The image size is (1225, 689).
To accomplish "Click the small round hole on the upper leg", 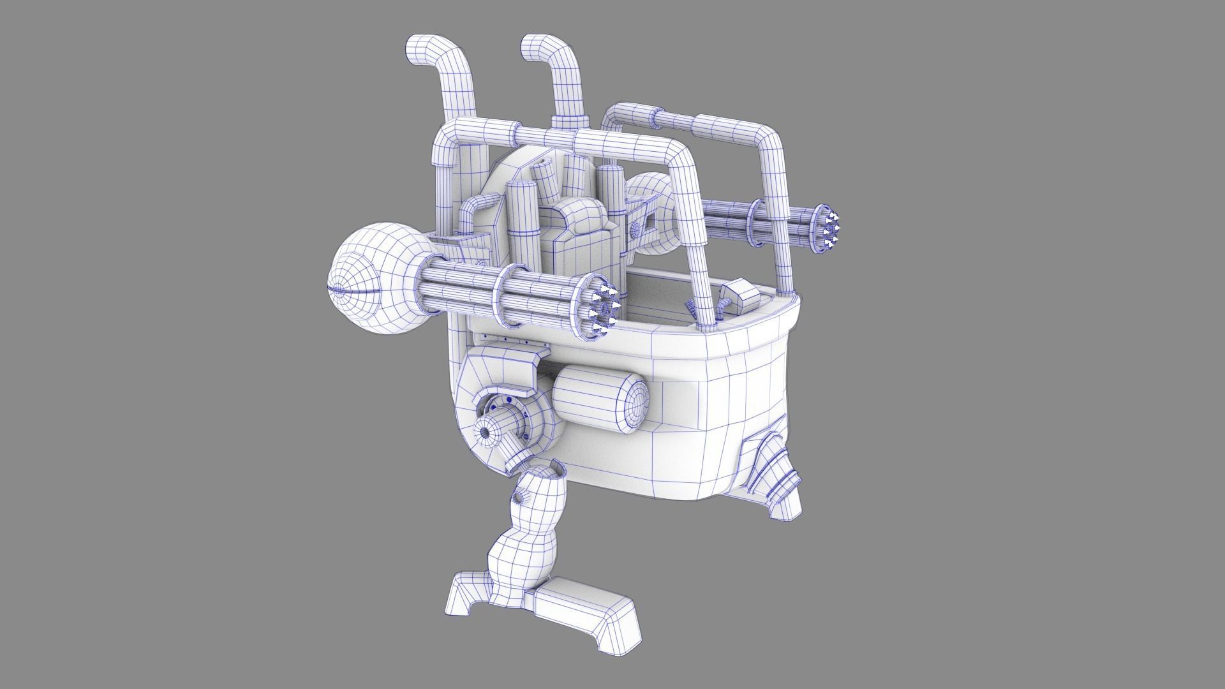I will coord(519,497).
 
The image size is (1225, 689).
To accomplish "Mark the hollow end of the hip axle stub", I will coord(486,433).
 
